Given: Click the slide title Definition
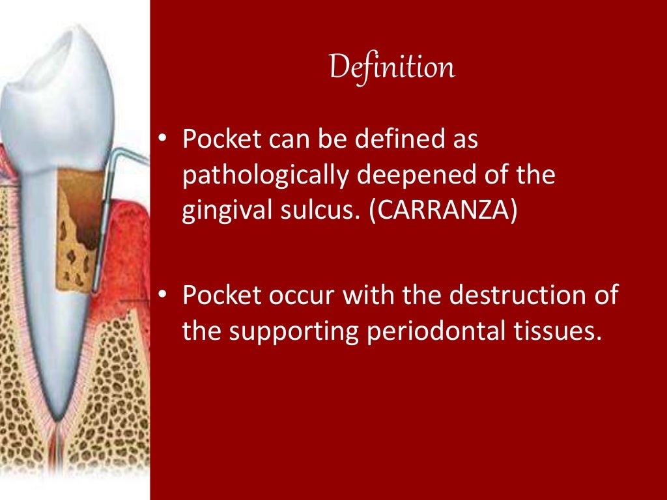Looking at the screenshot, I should click(391, 68).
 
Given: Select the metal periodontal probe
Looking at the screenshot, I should click(105, 215).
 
